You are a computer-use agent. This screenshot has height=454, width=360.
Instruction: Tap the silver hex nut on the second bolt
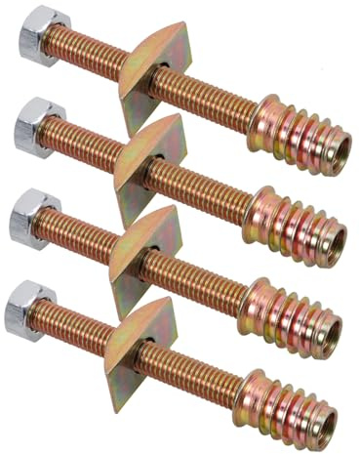point(36,126)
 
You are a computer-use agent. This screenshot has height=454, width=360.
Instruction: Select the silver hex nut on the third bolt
point(30,225)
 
